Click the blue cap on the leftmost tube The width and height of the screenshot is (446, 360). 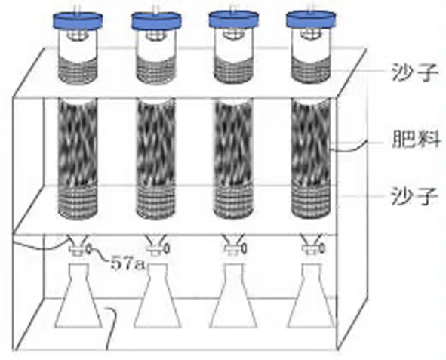click(78, 21)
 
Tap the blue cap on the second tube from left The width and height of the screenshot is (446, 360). click(156, 21)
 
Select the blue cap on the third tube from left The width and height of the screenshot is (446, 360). click(233, 19)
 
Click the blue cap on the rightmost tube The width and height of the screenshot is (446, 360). click(311, 19)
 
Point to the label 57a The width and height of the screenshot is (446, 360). click(128, 263)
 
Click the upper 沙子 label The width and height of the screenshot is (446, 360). click(415, 72)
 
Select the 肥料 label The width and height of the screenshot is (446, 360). click(416, 139)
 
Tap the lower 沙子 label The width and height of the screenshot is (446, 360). click(414, 196)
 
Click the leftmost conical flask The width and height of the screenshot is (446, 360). click(78, 296)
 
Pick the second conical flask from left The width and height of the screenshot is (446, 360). click(157, 296)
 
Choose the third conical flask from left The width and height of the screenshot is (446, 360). click(233, 296)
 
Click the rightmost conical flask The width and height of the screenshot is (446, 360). click(311, 296)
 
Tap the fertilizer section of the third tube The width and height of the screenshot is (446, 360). click(233, 142)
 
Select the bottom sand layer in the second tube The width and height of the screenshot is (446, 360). click(155, 202)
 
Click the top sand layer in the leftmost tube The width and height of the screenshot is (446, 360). click(78, 70)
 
